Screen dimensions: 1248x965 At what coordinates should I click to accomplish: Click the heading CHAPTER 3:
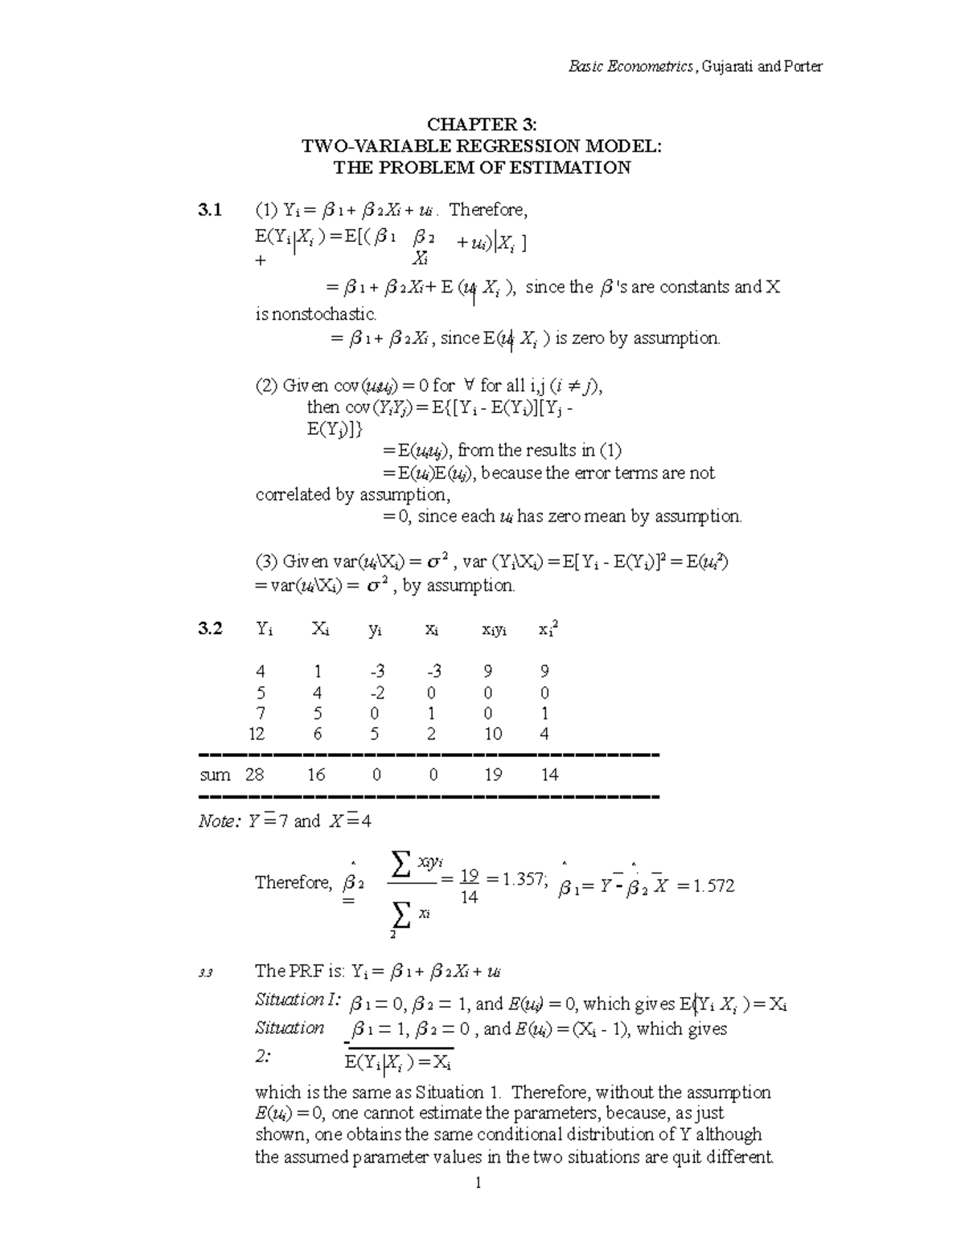coord(482,125)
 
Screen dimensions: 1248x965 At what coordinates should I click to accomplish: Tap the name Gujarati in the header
coord(728,67)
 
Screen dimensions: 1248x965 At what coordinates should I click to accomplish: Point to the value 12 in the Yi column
coord(257,734)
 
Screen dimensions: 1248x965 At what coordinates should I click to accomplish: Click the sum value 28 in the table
coord(255,775)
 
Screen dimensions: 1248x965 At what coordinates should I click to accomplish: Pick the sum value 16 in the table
coord(316,775)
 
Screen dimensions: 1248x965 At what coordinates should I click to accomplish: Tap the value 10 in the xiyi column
coord(493,734)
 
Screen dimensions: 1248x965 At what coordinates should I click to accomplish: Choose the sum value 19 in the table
coord(493,775)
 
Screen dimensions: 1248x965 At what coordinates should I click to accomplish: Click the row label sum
coord(215,775)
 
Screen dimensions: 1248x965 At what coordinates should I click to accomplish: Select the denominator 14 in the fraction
coord(469,897)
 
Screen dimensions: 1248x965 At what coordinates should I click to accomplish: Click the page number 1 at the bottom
coord(478,1183)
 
